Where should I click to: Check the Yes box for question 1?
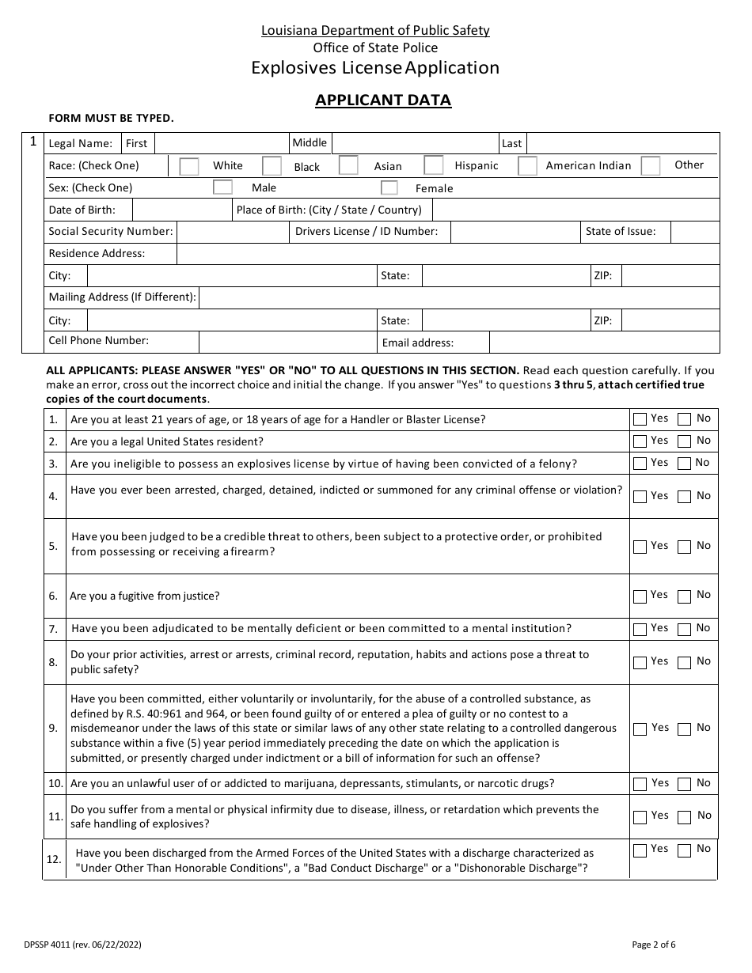(x=640, y=420)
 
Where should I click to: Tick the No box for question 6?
(x=685, y=596)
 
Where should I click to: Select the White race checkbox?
(x=189, y=166)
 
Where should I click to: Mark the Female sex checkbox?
(x=389, y=188)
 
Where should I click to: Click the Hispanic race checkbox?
(x=433, y=165)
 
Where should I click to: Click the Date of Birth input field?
(x=181, y=210)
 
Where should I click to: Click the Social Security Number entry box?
(x=232, y=232)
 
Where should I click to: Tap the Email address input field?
(x=604, y=343)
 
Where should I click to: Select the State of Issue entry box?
(x=694, y=232)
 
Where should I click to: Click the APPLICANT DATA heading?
(x=383, y=100)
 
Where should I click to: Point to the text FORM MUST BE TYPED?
(x=111, y=119)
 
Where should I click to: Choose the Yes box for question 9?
(x=640, y=729)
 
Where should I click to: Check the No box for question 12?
(x=685, y=850)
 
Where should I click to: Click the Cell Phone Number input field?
(x=287, y=342)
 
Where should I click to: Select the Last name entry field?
(x=622, y=143)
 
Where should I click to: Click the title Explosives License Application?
(x=375, y=68)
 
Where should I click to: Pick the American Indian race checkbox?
(x=528, y=166)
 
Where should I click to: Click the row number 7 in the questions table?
(x=53, y=630)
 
